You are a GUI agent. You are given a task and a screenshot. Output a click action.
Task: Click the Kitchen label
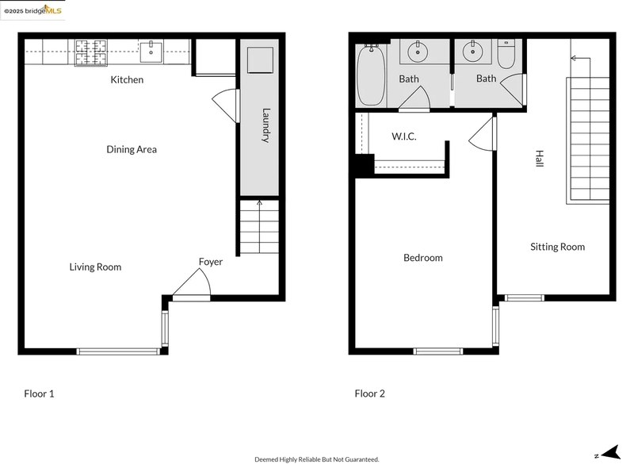coord(127,79)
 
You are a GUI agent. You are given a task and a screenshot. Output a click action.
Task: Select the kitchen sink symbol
coord(151,53)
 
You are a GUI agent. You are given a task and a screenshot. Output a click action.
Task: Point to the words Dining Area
coord(132,149)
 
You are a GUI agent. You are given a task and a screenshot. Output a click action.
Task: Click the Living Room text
coord(95,267)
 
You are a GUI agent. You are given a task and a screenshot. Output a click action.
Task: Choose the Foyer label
coord(210,262)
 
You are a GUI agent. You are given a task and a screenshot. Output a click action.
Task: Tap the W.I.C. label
coord(404,137)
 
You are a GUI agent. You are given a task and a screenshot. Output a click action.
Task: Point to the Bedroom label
coord(422,258)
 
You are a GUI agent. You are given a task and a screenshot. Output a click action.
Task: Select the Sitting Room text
coord(557,248)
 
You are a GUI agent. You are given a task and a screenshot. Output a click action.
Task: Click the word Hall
coord(539,159)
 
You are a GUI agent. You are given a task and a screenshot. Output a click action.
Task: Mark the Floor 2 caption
coord(369,393)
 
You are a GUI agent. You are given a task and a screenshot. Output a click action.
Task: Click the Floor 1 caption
coord(39,393)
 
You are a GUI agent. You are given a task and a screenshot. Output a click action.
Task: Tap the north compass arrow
coord(608,454)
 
